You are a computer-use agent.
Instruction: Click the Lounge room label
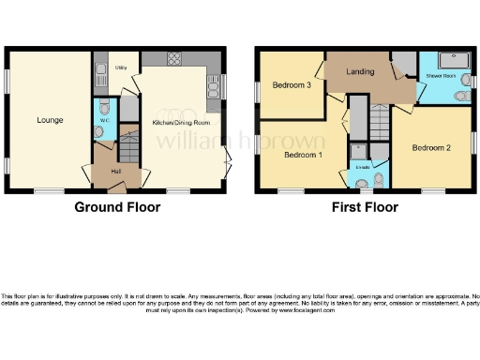coord(50,120)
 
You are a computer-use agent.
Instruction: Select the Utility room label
coord(121,68)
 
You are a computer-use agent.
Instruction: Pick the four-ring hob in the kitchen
coord(175,62)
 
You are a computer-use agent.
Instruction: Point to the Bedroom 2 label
coord(432,147)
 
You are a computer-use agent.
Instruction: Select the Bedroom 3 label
coord(292,85)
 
